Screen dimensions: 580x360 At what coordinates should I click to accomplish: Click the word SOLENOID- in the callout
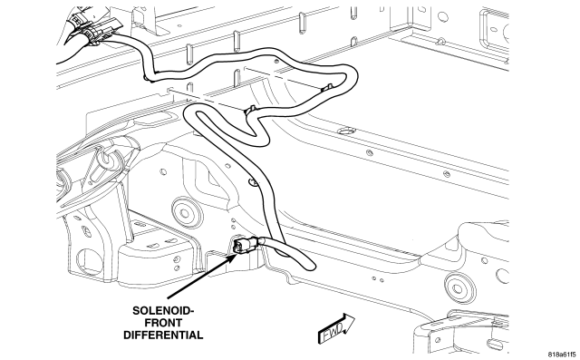[x=163, y=310]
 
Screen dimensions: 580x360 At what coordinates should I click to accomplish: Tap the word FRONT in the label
[x=163, y=323]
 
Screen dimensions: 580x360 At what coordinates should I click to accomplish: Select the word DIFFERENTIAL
[x=163, y=336]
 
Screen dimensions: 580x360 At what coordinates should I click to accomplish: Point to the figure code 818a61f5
[x=562, y=354]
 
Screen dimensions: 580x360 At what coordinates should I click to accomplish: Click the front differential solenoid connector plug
[x=245, y=246]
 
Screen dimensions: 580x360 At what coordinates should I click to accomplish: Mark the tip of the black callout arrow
[x=237, y=254]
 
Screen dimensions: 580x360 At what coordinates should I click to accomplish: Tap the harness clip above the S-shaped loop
[x=249, y=110]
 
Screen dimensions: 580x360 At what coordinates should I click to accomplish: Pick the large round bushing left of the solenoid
[x=184, y=213]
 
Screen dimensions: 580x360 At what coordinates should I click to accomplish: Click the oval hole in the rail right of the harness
[x=347, y=131]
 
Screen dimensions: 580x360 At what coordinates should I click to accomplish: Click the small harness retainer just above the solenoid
[x=253, y=182]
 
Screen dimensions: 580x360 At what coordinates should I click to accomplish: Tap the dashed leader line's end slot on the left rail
[x=169, y=90]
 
